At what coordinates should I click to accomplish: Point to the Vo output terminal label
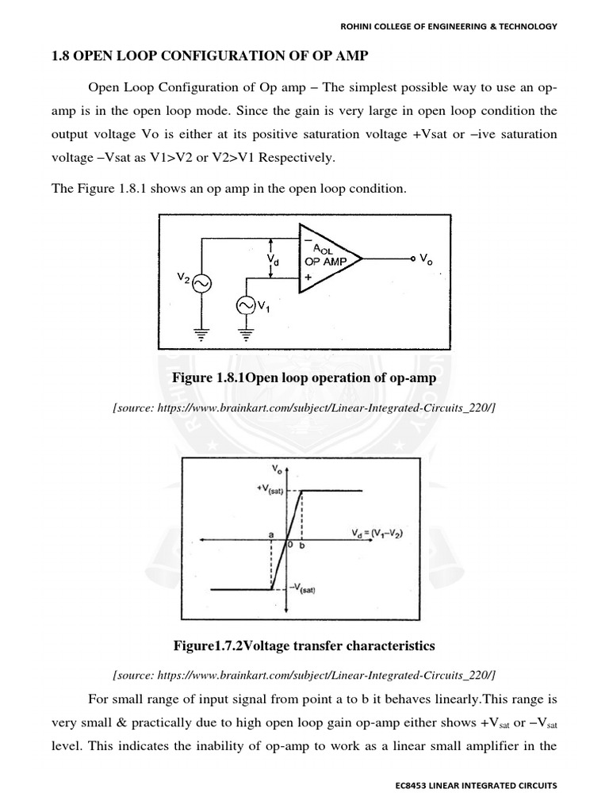tap(426, 258)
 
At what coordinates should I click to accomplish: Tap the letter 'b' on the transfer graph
tap(302, 546)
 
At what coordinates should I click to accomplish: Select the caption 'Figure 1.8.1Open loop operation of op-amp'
tap(304, 378)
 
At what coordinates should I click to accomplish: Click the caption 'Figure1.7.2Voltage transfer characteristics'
tap(304, 646)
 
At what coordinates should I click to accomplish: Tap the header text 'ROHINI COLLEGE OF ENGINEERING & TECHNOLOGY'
tap(449, 26)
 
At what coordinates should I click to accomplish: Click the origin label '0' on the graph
tap(291, 546)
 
